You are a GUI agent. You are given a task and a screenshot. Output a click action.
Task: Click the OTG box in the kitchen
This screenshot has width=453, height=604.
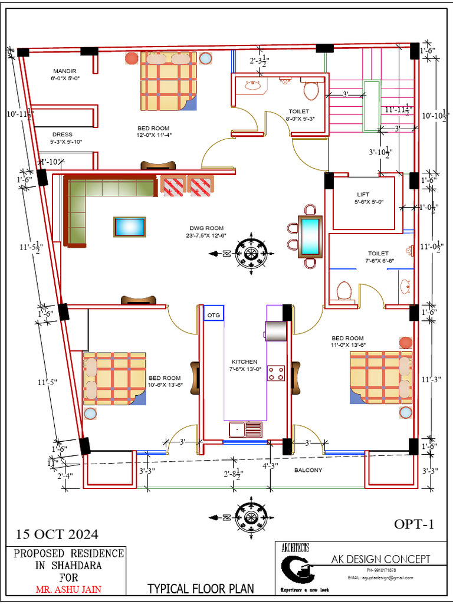214,315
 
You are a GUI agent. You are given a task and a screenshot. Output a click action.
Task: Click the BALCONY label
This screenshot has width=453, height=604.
308,470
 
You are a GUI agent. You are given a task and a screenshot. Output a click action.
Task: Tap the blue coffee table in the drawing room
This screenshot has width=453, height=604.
130,227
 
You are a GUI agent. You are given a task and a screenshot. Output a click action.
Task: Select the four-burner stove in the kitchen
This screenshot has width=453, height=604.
277,373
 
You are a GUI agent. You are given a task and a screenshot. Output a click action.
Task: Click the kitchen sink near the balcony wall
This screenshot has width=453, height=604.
245,429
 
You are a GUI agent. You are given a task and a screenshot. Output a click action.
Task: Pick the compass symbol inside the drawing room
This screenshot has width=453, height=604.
251,253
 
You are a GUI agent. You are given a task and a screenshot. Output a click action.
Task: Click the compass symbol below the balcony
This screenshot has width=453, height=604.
251,516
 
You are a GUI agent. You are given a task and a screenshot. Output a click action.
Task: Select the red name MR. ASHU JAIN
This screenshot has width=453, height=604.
69,589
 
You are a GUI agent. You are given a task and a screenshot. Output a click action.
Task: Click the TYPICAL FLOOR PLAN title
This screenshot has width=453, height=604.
201,588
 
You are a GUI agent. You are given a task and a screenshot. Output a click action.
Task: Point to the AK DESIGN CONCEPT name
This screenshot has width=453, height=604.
380,559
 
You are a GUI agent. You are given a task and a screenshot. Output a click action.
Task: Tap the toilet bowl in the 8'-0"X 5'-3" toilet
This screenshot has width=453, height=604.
311,90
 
